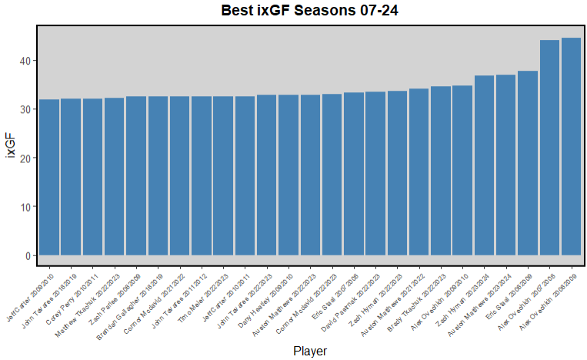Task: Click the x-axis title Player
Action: (310, 351)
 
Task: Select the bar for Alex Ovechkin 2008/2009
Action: (571, 146)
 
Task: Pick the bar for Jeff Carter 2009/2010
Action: (49, 177)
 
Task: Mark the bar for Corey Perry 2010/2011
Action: (92, 177)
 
